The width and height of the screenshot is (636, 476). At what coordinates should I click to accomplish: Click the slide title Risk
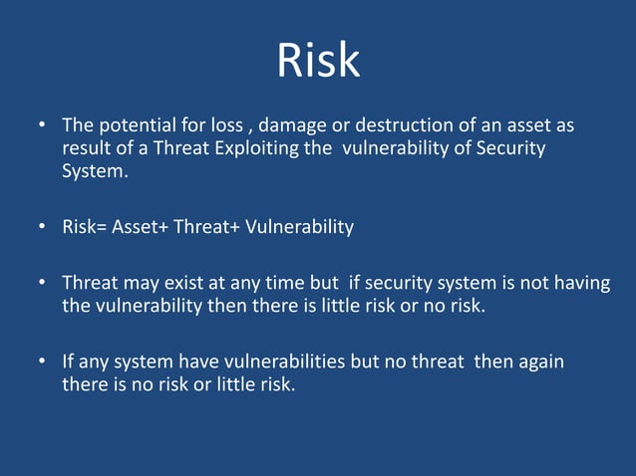(x=318, y=61)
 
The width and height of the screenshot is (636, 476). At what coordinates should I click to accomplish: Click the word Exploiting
(x=247, y=148)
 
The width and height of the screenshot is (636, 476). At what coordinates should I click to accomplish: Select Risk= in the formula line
(x=84, y=227)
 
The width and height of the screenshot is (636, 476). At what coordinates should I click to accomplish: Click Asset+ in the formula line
(x=140, y=227)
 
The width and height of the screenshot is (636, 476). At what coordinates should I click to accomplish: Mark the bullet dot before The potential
(x=42, y=127)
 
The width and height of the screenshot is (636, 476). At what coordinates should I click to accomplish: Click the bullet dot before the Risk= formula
(x=42, y=227)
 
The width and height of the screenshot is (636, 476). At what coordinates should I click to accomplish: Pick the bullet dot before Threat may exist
(x=42, y=284)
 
